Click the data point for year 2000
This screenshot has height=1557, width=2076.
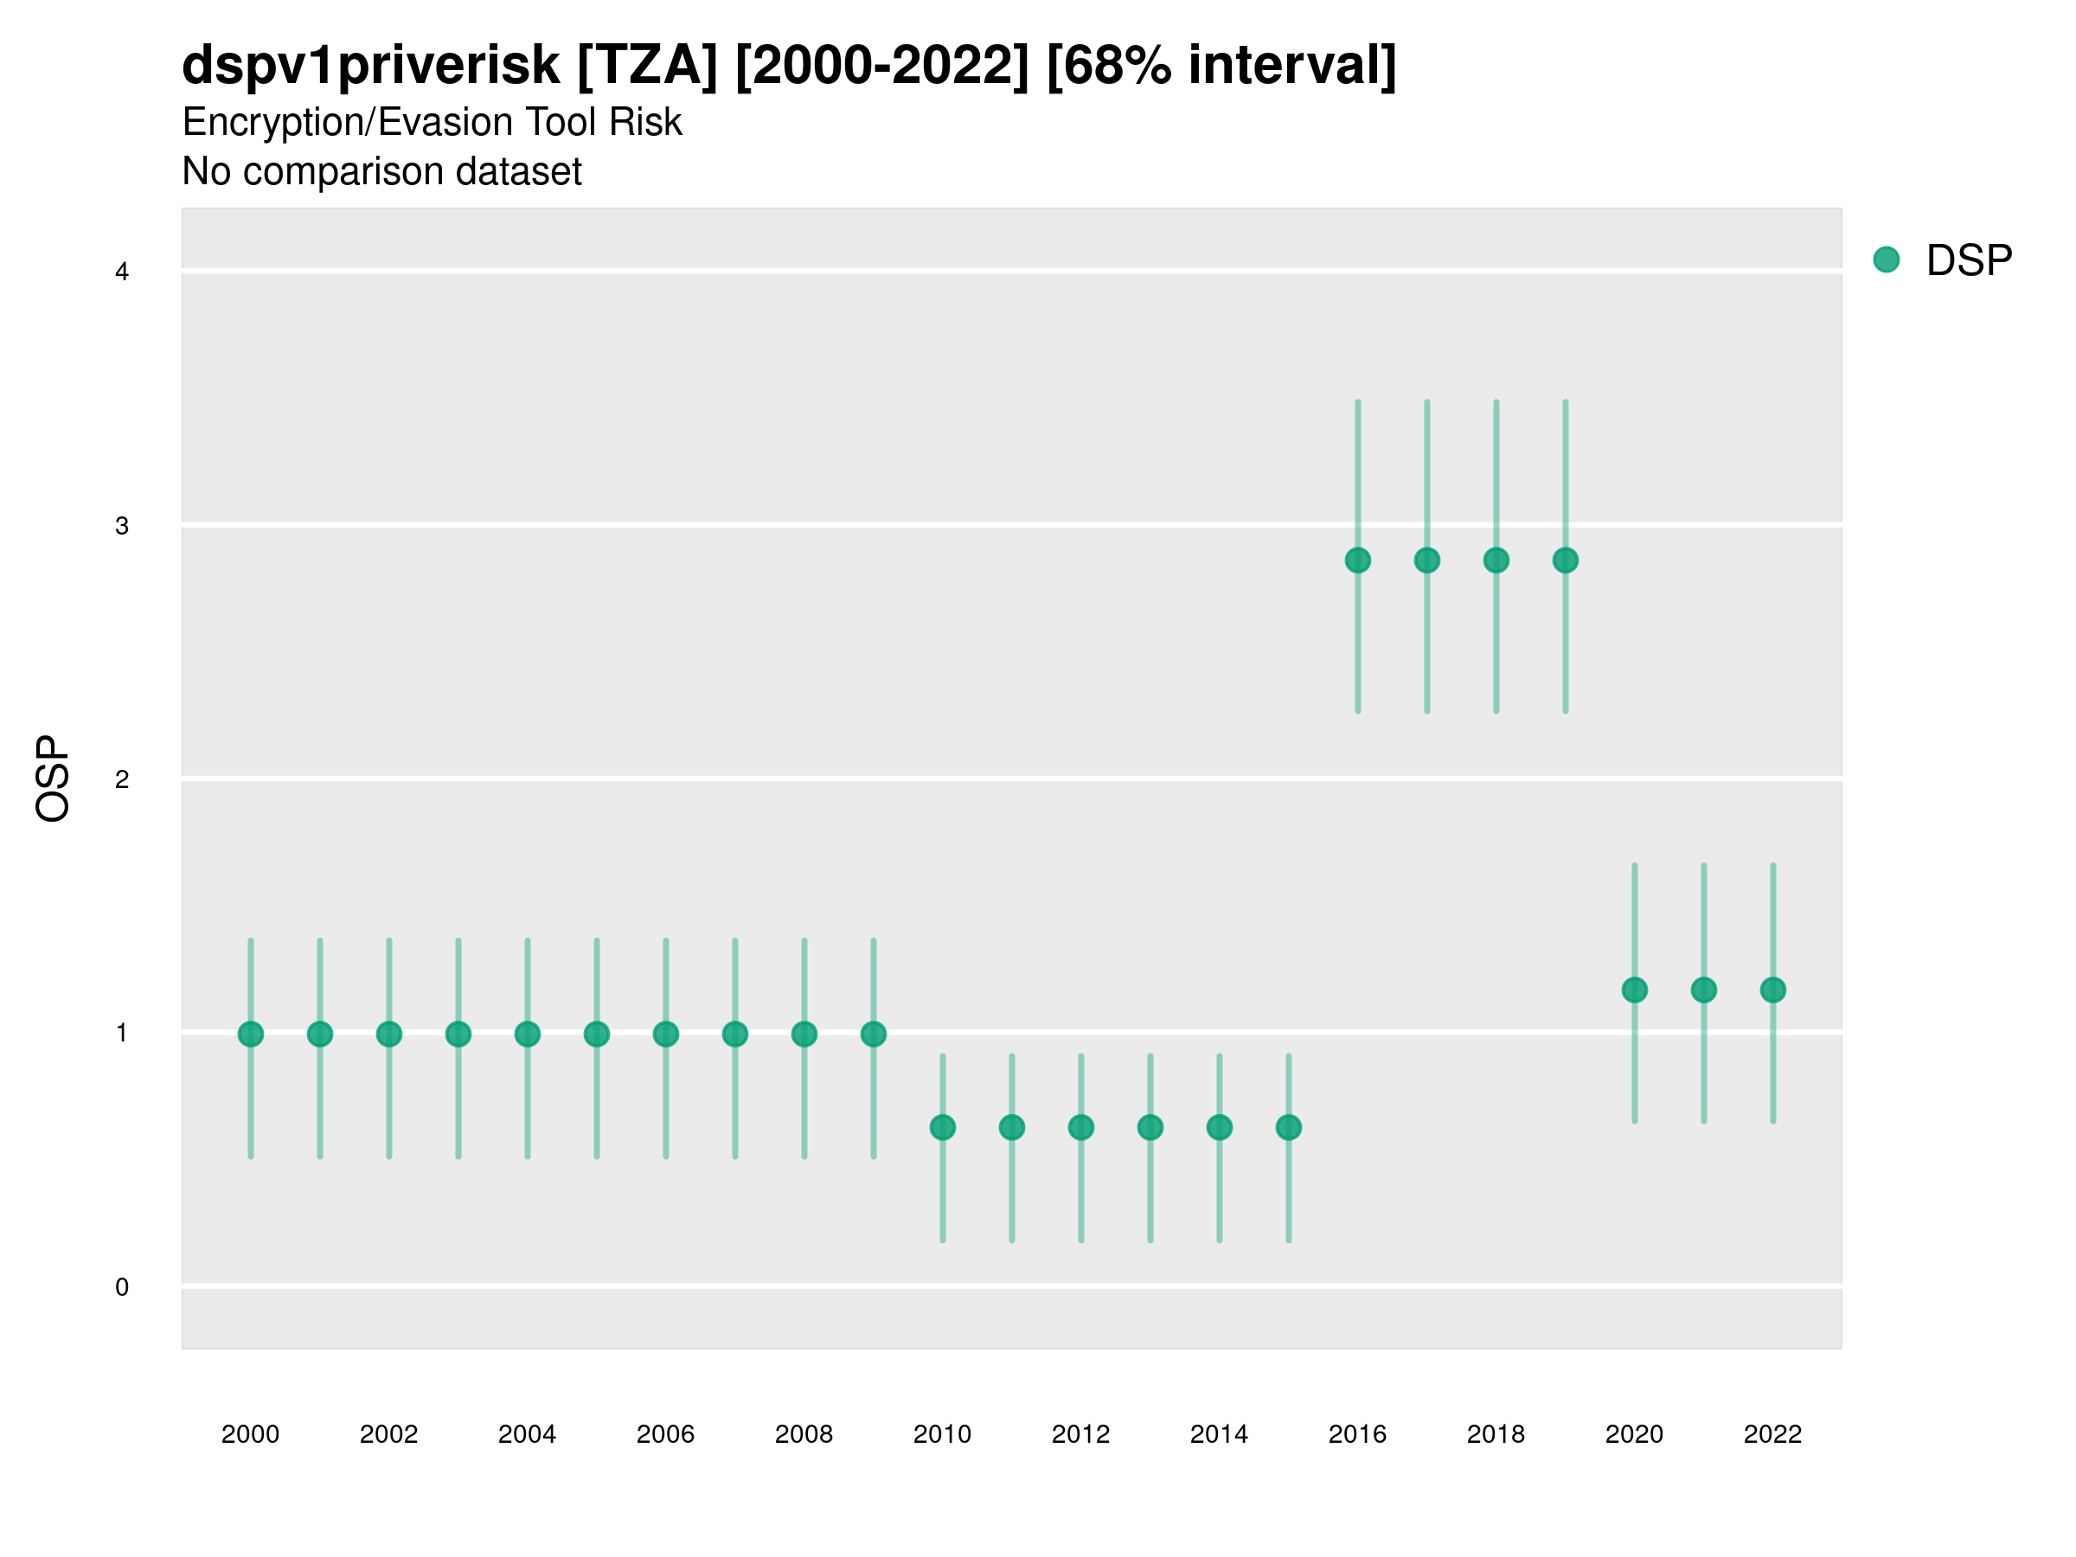tap(251, 1035)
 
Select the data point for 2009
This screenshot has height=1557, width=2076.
tap(873, 1035)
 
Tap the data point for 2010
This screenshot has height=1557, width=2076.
tap(942, 1127)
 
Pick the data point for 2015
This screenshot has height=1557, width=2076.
tap(1289, 1127)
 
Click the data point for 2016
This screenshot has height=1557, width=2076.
tap(1358, 561)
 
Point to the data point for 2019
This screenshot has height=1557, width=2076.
tap(1566, 561)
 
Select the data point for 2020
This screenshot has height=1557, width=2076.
tap(1634, 990)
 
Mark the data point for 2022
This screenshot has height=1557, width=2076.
tap(1773, 990)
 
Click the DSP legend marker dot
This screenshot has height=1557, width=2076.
tap(1887, 260)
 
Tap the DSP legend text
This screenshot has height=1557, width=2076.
tap(1969, 261)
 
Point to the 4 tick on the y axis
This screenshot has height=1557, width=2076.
tap(122, 272)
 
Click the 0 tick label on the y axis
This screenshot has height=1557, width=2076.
tap(122, 1287)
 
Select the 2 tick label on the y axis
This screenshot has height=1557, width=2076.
tap(122, 779)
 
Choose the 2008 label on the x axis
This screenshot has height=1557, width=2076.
tap(804, 1434)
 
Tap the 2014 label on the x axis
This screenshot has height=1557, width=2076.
tap(1219, 1434)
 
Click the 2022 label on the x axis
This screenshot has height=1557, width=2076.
tap(1773, 1434)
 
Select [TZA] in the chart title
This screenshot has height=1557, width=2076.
tap(648, 66)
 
